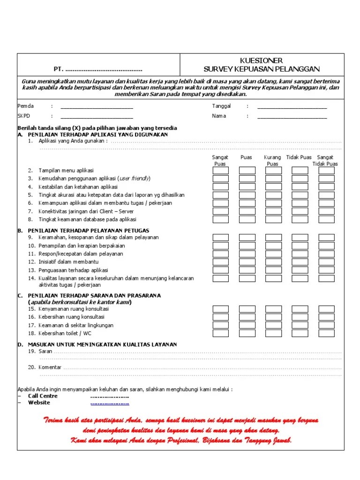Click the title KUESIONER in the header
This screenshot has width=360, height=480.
click(x=262, y=61)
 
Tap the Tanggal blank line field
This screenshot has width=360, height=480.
click(x=292, y=107)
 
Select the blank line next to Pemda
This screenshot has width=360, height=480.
click(x=97, y=107)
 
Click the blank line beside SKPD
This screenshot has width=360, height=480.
click(x=97, y=116)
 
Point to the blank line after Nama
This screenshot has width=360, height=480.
click(x=292, y=116)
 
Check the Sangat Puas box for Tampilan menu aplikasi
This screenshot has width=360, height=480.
click(x=220, y=171)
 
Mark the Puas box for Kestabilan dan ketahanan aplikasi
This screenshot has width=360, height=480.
click(x=247, y=187)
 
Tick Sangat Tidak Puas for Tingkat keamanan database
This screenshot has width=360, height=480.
click(x=326, y=219)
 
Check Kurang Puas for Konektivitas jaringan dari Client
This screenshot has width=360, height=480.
click(x=273, y=211)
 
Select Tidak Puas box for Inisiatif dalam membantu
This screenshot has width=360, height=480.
click(x=300, y=262)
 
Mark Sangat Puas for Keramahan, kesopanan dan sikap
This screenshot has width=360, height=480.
click(x=220, y=238)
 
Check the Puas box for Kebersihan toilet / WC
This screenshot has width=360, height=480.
click(x=247, y=333)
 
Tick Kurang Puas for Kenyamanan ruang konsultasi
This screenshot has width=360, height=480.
click(x=273, y=309)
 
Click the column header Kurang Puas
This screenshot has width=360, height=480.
click(x=272, y=161)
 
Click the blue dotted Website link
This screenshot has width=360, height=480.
click(x=110, y=403)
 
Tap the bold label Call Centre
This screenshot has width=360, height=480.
click(x=43, y=396)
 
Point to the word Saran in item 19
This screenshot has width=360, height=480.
click(x=45, y=351)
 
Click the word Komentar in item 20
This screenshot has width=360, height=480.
click(x=50, y=367)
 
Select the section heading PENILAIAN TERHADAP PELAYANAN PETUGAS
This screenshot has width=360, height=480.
click(x=89, y=230)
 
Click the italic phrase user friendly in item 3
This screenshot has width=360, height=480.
click(x=135, y=179)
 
